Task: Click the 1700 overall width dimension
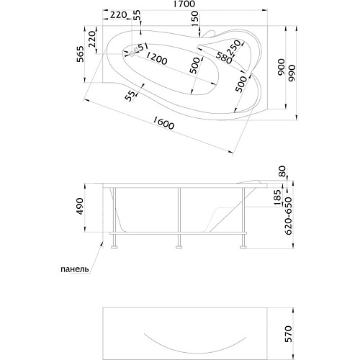click(x=185, y=4)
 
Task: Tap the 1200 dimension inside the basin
click(x=156, y=58)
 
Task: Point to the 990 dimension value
click(x=292, y=73)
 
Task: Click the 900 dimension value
click(x=281, y=67)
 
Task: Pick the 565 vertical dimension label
click(x=81, y=54)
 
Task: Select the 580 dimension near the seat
click(x=224, y=58)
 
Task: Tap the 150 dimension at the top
click(x=195, y=19)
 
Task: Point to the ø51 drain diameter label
click(x=140, y=48)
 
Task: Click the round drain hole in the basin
click(x=132, y=54)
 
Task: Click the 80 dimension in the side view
click(x=283, y=171)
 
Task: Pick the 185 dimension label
click(x=277, y=197)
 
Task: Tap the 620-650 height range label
click(x=289, y=216)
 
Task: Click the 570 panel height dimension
click(x=288, y=334)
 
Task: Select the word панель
click(x=75, y=269)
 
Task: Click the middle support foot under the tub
click(x=179, y=246)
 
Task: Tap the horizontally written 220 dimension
click(x=119, y=15)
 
